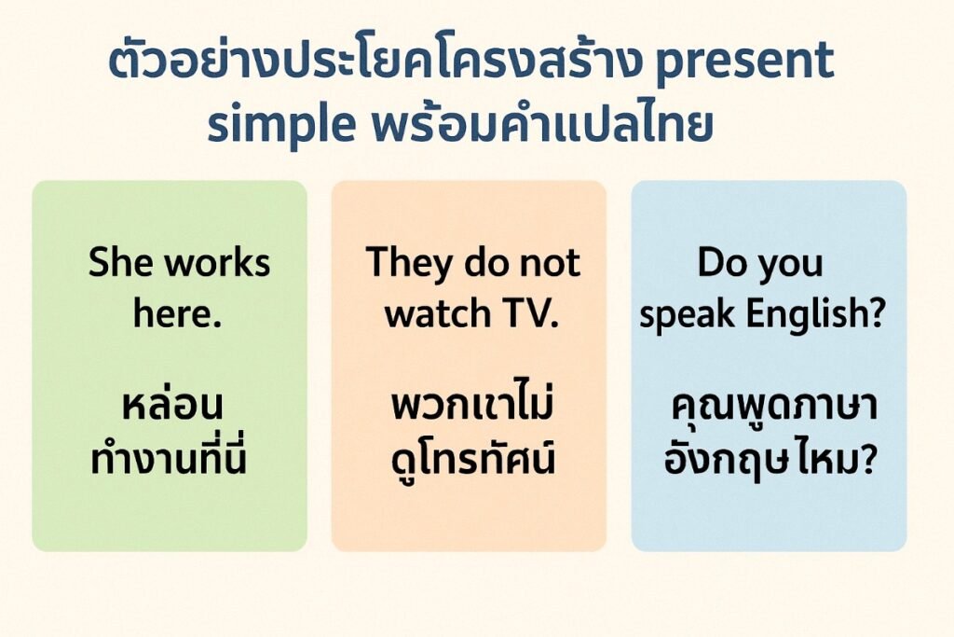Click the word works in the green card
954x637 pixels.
tap(218, 264)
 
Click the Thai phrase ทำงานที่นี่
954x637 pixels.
tap(170, 460)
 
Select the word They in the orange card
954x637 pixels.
tap(402, 263)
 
